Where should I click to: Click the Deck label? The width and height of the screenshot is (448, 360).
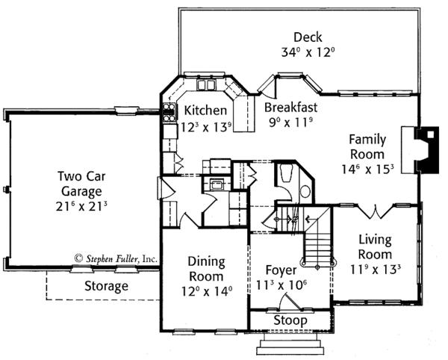308,37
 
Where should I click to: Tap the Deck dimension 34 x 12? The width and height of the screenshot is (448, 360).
308,52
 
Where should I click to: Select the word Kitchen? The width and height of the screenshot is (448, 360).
205,111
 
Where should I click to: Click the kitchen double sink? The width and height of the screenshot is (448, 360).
205,85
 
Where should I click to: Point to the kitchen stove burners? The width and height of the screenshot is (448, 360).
169,112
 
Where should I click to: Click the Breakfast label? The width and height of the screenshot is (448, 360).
290,108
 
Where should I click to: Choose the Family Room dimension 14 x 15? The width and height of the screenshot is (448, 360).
367,169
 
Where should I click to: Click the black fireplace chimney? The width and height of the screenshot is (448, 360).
428,149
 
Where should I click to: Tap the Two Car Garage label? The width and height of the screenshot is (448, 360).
81,184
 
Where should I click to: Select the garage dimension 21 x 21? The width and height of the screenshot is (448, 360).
81,206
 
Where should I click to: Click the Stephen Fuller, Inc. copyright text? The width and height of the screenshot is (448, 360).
116,258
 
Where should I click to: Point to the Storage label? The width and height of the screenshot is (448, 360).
106,286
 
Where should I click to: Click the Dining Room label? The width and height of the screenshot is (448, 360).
206,269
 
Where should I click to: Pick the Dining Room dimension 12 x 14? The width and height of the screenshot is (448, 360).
207,291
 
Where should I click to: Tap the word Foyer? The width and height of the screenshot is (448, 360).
281,270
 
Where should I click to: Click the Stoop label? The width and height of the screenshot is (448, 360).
290,320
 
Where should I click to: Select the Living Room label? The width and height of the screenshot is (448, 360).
375,247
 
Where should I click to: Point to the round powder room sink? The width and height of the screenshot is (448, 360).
305,191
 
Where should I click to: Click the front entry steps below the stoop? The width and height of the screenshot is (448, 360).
290,344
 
